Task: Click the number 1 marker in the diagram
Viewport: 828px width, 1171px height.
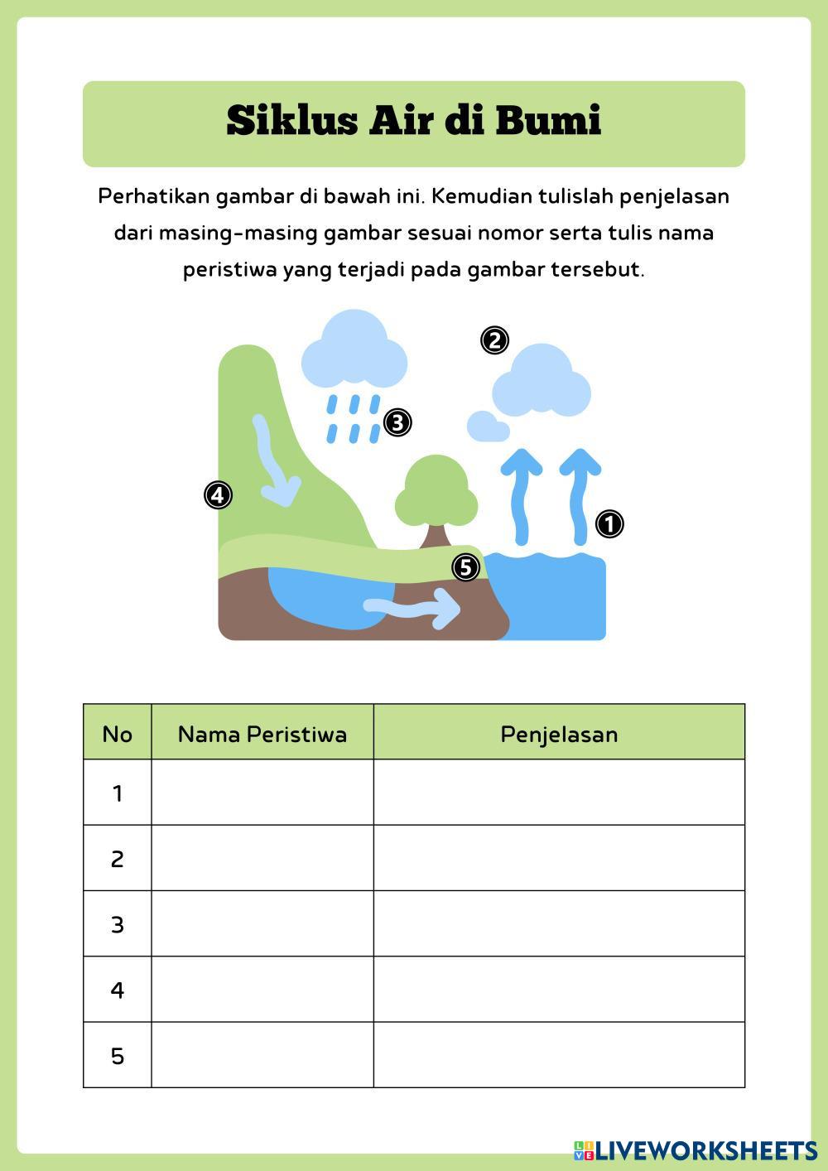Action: (x=609, y=524)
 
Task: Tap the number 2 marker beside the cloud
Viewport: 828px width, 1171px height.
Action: (x=494, y=340)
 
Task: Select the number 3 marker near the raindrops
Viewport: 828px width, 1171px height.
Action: (x=397, y=423)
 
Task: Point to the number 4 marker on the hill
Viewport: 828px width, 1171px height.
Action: (x=218, y=495)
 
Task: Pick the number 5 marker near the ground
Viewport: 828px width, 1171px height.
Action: (x=466, y=567)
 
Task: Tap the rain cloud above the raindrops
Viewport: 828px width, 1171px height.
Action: (x=354, y=351)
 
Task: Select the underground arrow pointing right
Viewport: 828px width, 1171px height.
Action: (x=414, y=609)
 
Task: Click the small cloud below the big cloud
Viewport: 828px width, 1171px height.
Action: (x=488, y=426)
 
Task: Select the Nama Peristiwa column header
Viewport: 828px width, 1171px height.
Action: (x=262, y=734)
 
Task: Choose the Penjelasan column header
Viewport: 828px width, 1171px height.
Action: (x=559, y=734)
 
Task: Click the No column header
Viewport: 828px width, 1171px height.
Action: (x=117, y=734)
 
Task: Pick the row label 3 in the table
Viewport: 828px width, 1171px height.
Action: (x=117, y=924)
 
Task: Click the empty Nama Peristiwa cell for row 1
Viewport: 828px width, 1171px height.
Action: (x=262, y=793)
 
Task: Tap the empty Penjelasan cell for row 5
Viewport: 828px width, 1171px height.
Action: (x=559, y=1055)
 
